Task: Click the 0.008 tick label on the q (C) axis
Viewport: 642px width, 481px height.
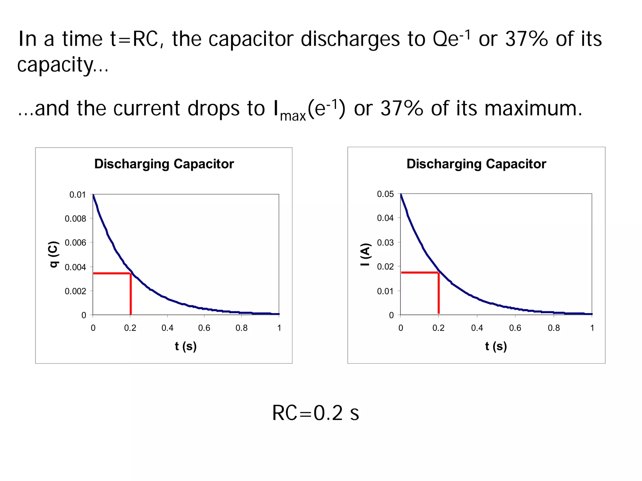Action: coord(75,219)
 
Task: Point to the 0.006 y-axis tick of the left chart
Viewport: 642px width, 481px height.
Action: coord(75,243)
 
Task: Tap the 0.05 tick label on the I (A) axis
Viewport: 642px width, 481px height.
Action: coord(385,194)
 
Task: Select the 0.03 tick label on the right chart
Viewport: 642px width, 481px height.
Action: coord(385,243)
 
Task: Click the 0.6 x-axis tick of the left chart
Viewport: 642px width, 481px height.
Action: coord(204,328)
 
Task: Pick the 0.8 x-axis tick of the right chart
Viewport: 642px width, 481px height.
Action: coord(554,328)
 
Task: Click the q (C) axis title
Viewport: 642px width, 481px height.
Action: coord(54,254)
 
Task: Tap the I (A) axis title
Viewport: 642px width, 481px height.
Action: coord(366,255)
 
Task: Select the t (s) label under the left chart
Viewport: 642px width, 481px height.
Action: coord(186,346)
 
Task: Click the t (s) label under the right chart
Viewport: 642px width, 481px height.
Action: coord(496,346)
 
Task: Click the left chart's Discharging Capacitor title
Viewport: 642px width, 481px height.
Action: coord(164,164)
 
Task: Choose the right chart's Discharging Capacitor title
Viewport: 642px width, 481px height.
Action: coord(476,164)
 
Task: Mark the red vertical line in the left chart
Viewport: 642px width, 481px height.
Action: coord(131,294)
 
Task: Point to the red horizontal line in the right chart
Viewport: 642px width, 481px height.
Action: coord(419,272)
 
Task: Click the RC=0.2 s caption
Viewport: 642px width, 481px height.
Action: coord(315,413)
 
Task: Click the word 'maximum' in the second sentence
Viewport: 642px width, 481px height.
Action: coord(533,108)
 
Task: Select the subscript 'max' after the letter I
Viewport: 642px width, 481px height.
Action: coord(293,116)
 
